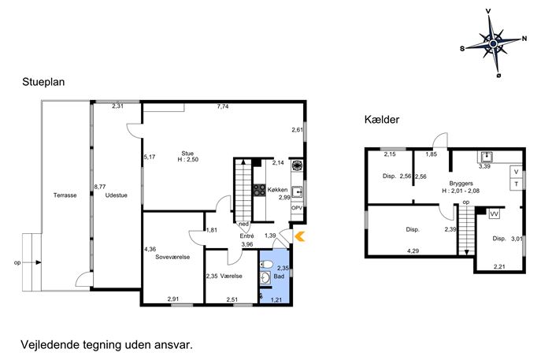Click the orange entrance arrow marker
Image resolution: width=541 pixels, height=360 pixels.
(x=300, y=236)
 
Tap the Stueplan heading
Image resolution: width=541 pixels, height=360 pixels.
(x=43, y=82)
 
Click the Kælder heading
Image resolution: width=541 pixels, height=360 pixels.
(x=382, y=120)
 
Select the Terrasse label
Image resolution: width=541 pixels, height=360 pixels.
(x=65, y=195)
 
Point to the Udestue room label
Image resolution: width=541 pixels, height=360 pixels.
(x=117, y=195)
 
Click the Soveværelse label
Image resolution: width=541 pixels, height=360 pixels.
(x=172, y=257)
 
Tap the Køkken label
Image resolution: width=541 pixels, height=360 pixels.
(x=277, y=190)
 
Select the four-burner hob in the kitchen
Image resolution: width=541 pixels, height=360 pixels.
(x=259, y=190)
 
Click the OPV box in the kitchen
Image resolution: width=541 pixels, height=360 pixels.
(x=297, y=208)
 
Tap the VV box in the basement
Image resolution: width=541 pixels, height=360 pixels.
(x=494, y=214)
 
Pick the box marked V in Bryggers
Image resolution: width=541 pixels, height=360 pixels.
(x=516, y=172)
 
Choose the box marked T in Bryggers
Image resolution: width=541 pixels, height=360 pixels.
(x=516, y=184)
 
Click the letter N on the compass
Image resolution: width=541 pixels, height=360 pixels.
(x=524, y=39)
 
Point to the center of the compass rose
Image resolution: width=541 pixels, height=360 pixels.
(x=493, y=43)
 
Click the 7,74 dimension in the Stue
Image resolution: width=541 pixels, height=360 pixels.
(x=223, y=106)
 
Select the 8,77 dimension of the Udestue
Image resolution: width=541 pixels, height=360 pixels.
(x=100, y=187)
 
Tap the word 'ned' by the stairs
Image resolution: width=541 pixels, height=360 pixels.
(x=243, y=224)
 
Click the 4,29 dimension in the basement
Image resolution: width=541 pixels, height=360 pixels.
(x=413, y=251)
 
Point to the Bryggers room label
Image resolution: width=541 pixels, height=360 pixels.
(x=461, y=184)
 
